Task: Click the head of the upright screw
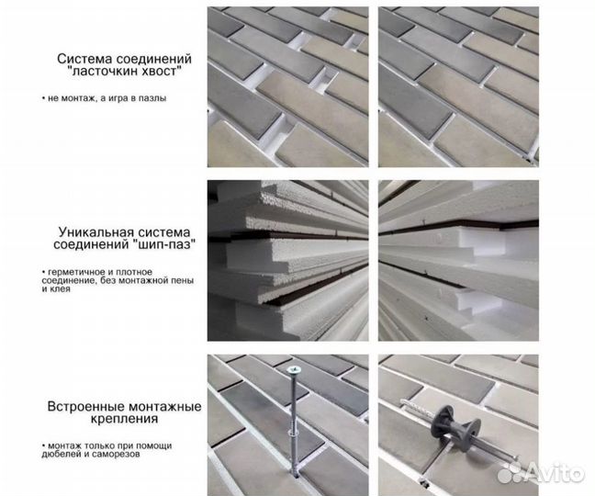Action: coord(294,373)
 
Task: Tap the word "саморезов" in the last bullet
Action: coord(111,454)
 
